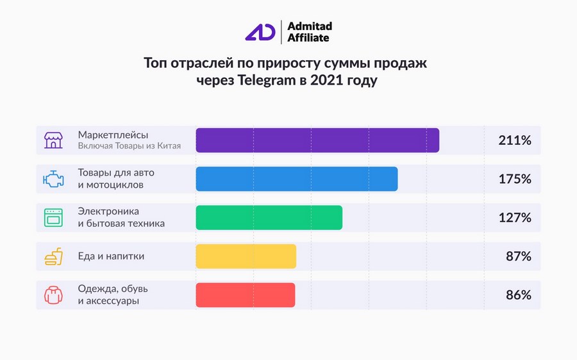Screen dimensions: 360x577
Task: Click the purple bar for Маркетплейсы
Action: pyautogui.click(x=317, y=140)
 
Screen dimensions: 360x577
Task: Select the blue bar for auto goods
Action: pyautogui.click(x=296, y=179)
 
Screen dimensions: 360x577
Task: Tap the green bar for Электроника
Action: pyautogui.click(x=269, y=218)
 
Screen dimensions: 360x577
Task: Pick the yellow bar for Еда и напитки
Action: pyautogui.click(x=246, y=256)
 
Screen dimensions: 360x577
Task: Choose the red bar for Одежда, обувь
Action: pyautogui.click(x=245, y=295)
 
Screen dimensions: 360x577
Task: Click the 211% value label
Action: pyautogui.click(x=515, y=140)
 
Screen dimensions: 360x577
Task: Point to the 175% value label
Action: pyautogui.click(x=515, y=179)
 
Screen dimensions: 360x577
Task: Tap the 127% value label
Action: pyautogui.click(x=515, y=218)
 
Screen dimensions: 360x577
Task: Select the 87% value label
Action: pyautogui.click(x=519, y=256)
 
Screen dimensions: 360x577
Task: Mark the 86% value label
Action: pyautogui.click(x=519, y=295)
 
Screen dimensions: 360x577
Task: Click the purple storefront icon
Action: pyautogui.click(x=53, y=140)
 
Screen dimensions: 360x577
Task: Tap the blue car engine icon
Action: pyautogui.click(x=53, y=179)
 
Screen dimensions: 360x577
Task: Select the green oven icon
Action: pyautogui.click(x=53, y=218)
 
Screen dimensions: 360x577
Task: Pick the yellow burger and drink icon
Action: pyautogui.click(x=53, y=256)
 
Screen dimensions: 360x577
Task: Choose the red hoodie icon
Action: pyautogui.click(x=53, y=295)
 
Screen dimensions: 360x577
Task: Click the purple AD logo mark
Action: pyautogui.click(x=260, y=32)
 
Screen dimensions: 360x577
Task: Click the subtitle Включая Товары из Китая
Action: pyautogui.click(x=129, y=146)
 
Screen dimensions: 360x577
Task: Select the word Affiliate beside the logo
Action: pyautogui.click(x=308, y=38)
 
